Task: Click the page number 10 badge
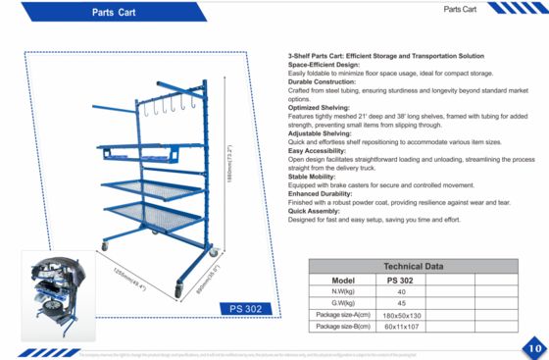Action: click(x=533, y=345)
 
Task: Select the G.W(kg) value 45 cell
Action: click(x=400, y=302)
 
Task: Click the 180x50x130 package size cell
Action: click(x=400, y=314)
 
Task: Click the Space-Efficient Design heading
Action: click(x=318, y=66)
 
